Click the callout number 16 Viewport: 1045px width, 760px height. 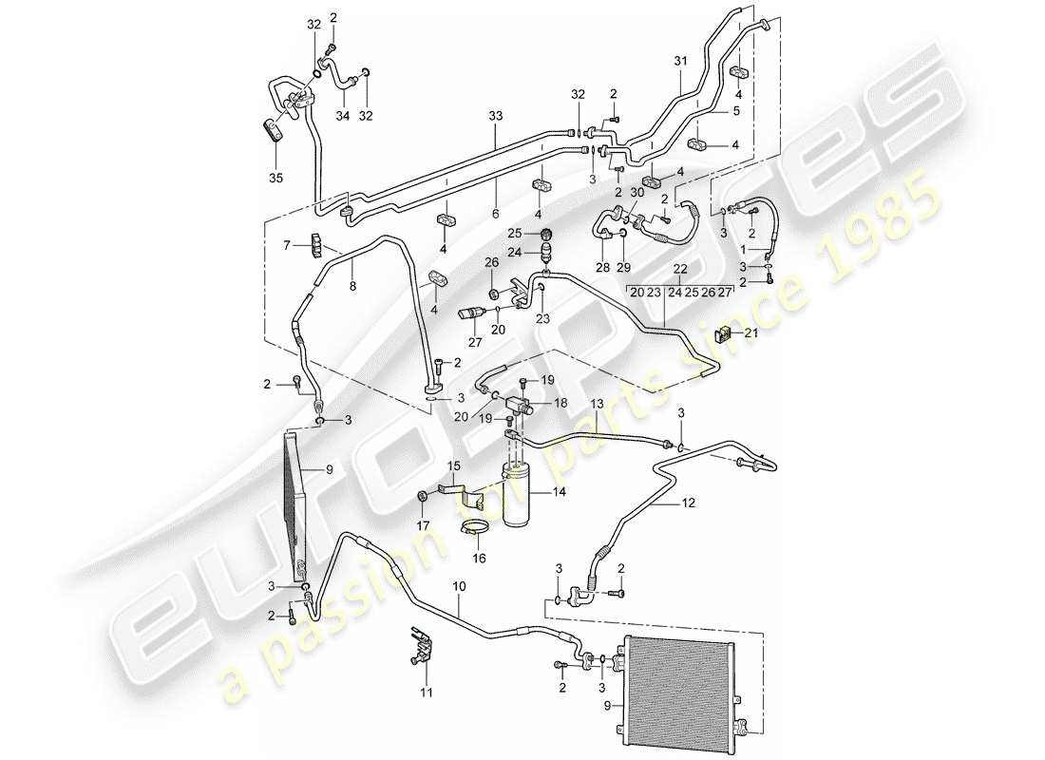click(x=479, y=559)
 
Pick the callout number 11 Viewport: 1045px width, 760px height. click(x=427, y=693)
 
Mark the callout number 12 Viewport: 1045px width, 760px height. click(x=689, y=503)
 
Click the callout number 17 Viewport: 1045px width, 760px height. click(x=424, y=524)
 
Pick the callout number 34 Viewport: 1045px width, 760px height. click(x=343, y=116)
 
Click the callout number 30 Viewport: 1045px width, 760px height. click(x=637, y=192)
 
